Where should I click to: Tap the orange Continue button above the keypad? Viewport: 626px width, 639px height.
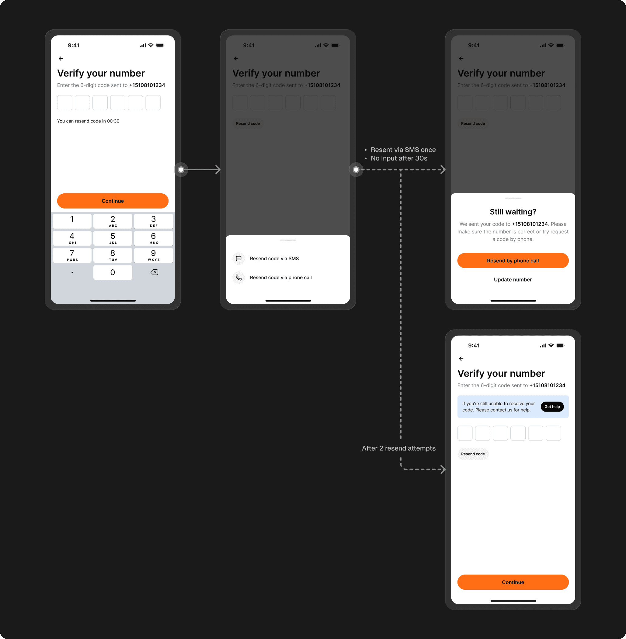tap(113, 201)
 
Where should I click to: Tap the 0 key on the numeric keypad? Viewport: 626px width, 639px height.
tap(113, 272)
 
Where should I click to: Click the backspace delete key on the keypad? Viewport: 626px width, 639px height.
tap(154, 272)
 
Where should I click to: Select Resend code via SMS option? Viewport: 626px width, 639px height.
tap(274, 259)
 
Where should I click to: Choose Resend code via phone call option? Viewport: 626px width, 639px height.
tap(280, 278)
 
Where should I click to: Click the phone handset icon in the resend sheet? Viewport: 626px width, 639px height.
tap(239, 278)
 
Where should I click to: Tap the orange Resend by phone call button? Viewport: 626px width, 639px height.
tap(513, 261)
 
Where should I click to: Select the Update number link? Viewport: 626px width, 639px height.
tap(513, 280)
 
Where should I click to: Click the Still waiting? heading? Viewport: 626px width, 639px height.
tap(513, 212)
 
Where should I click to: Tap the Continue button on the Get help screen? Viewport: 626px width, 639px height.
tap(513, 582)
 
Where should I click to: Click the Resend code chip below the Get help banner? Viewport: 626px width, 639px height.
tap(473, 454)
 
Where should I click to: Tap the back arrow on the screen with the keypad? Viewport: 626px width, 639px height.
tap(61, 58)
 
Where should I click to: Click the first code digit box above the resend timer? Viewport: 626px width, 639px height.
tap(65, 103)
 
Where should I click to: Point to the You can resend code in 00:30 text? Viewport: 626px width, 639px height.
tap(88, 121)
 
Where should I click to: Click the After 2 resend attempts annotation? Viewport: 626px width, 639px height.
tap(398, 448)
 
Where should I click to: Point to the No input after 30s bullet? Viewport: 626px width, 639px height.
tap(399, 158)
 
